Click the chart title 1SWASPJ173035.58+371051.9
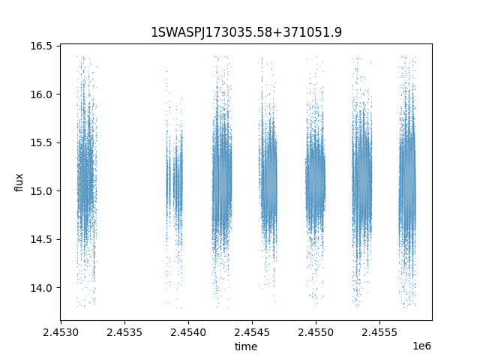pyautogui.click(x=247, y=32)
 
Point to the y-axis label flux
pyautogui.click(x=19, y=182)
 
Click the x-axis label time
pyautogui.click(x=246, y=346)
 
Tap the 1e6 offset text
pyautogui.click(x=421, y=346)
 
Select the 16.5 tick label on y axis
pyautogui.click(x=41, y=46)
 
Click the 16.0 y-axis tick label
pyautogui.click(x=41, y=94)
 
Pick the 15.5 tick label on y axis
pyautogui.click(x=41, y=142)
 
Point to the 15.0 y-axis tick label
pyautogui.click(x=41, y=191)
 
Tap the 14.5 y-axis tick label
pyautogui.click(x=41, y=239)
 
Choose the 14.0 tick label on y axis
pyautogui.click(x=41, y=288)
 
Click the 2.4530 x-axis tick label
pyautogui.click(x=61, y=332)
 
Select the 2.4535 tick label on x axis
pyautogui.click(x=124, y=332)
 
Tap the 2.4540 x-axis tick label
pyautogui.click(x=188, y=332)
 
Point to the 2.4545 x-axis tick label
pyautogui.click(x=252, y=332)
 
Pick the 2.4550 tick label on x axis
pyautogui.click(x=316, y=332)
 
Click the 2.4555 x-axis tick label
pyautogui.click(x=379, y=332)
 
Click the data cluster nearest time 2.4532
pyautogui.click(x=87, y=184)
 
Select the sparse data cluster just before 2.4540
pyautogui.click(x=175, y=184)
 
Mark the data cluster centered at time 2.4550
pyautogui.click(x=315, y=184)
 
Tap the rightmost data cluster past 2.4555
pyautogui.click(x=407, y=184)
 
